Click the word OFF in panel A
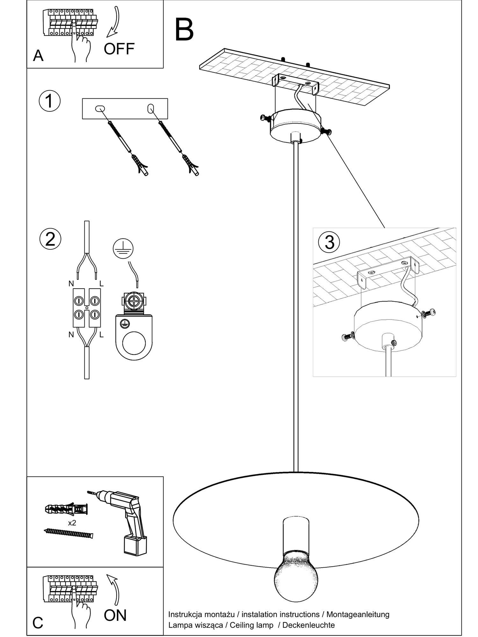point(119,49)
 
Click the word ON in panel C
point(115,615)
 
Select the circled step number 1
point(49,101)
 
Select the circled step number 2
point(50,239)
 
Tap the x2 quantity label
point(72,523)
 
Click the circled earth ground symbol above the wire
point(123,248)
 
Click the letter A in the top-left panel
point(38,56)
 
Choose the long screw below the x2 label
point(68,533)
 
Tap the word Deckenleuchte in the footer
point(308,625)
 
